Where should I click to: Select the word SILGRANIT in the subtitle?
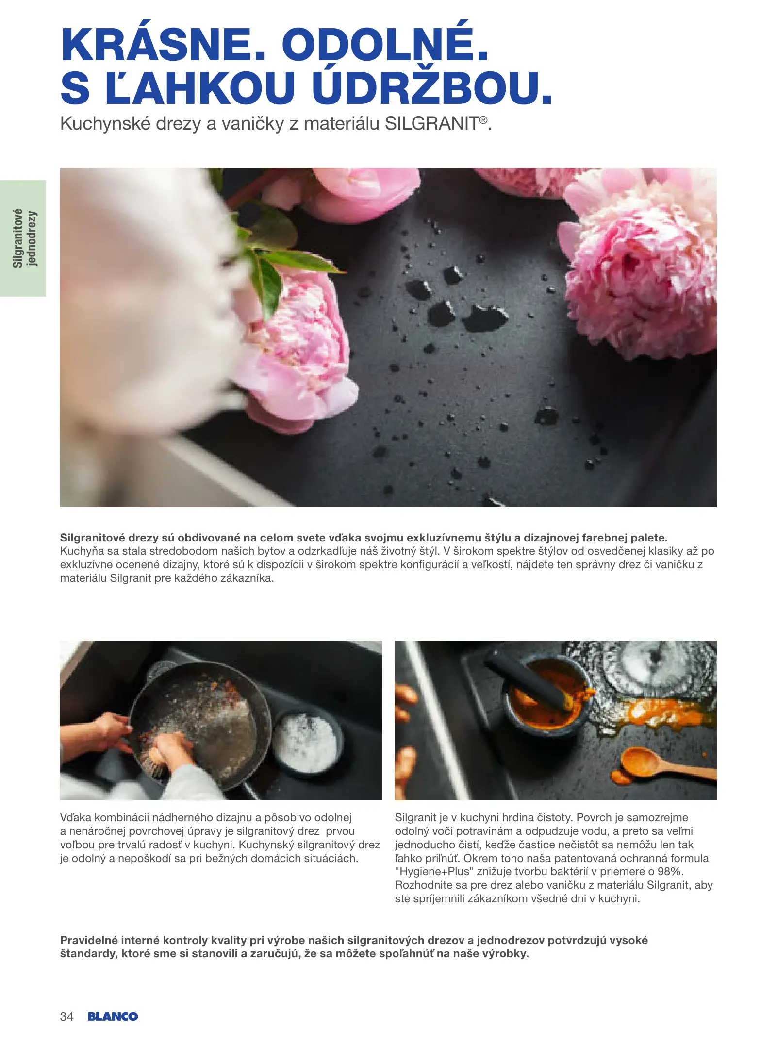pos(432,124)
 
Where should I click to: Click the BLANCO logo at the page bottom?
pos(113,1017)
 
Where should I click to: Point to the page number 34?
pos(66,1017)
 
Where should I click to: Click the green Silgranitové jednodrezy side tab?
pos(23,238)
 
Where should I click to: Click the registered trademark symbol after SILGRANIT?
pos(483,119)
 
